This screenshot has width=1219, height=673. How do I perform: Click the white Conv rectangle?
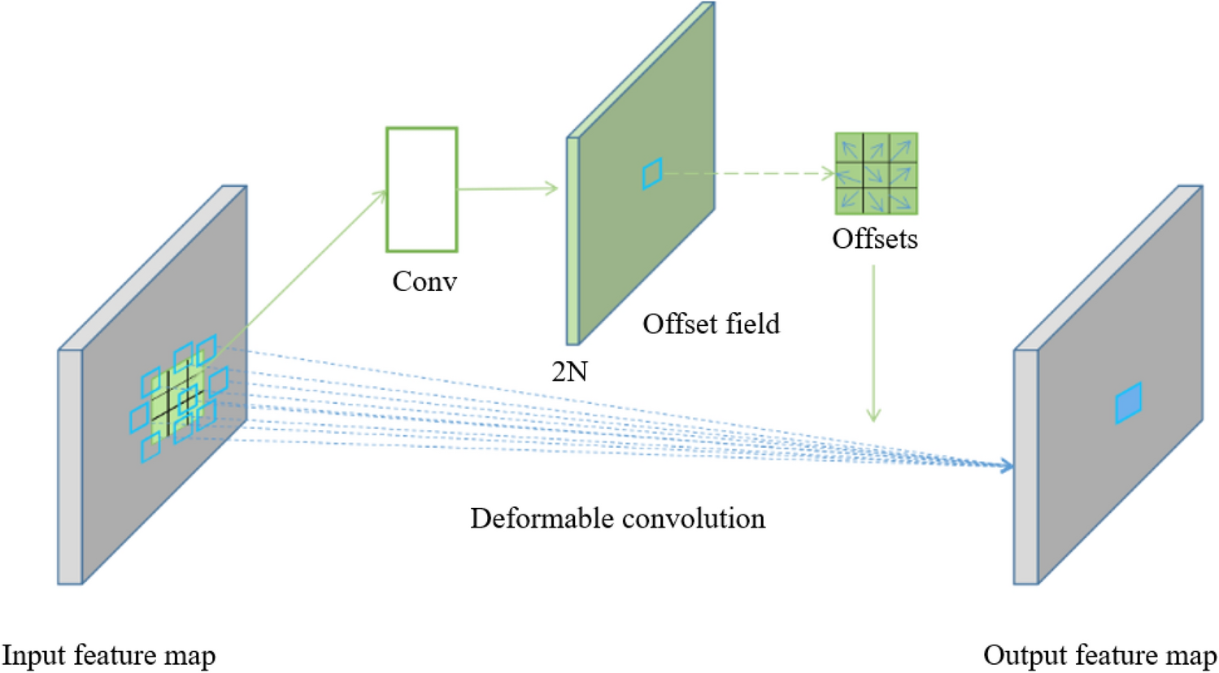[x=421, y=189]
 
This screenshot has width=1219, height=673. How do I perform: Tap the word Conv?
[x=424, y=281]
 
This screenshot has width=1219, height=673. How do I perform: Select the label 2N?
[x=568, y=371]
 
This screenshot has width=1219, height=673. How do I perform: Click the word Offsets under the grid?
[x=874, y=239]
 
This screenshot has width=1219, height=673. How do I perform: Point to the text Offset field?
[x=711, y=323]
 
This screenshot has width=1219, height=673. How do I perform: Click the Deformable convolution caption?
[x=617, y=519]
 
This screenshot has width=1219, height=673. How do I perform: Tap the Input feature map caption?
[x=109, y=655]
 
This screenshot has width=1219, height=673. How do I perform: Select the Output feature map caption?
[x=1099, y=655]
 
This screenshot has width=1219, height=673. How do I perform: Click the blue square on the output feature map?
[x=1128, y=403]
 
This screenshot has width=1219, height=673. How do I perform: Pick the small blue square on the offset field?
[x=652, y=173]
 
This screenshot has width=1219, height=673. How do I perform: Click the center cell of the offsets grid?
[x=876, y=174]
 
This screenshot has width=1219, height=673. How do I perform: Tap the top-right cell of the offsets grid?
[x=903, y=148]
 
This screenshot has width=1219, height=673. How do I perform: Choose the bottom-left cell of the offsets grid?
[x=849, y=200]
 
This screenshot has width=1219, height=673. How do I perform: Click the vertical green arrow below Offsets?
[x=873, y=341]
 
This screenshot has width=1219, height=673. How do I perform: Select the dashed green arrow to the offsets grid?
[x=748, y=173]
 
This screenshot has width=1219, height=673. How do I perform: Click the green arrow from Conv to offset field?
[x=507, y=189]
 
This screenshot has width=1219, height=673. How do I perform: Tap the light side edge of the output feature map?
[x=1025, y=467]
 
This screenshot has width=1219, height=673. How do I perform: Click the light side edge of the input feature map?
[x=70, y=467]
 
